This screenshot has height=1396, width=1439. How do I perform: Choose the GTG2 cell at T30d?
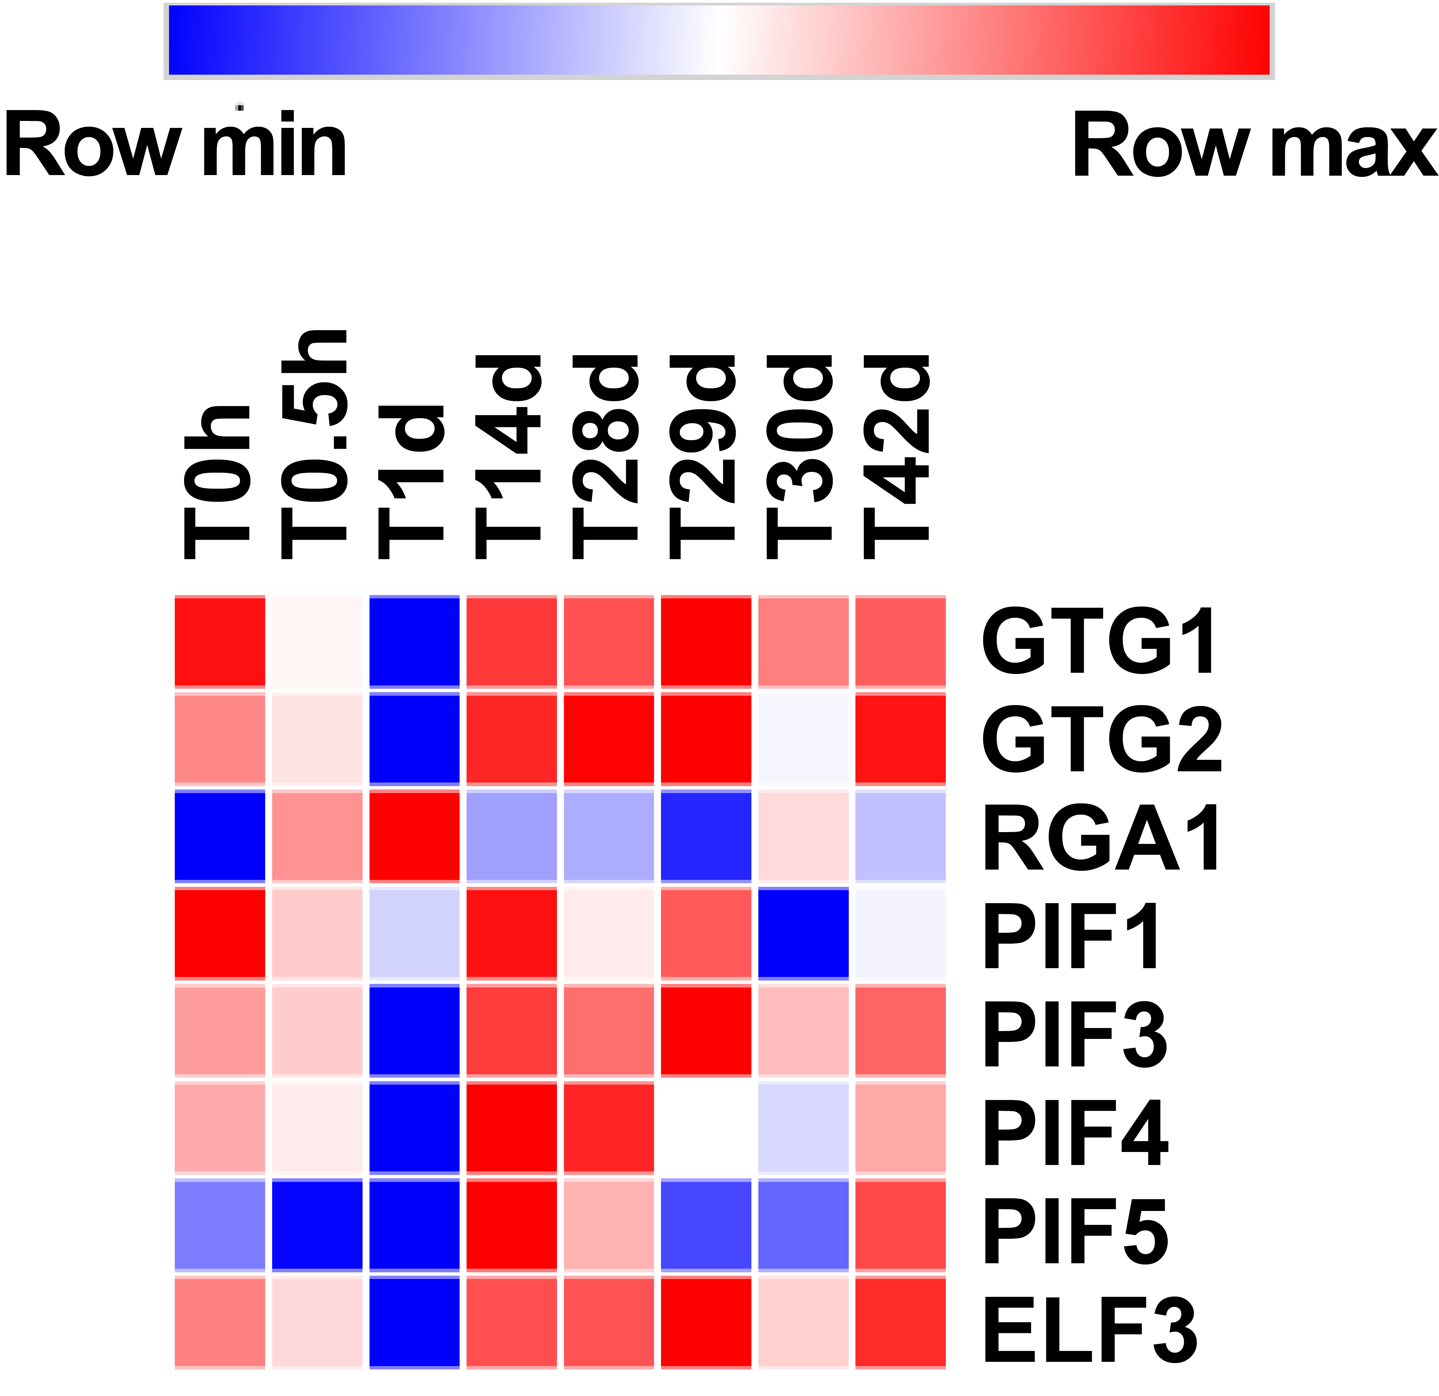[x=803, y=739]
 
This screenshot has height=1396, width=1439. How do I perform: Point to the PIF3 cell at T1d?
[x=415, y=1031]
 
